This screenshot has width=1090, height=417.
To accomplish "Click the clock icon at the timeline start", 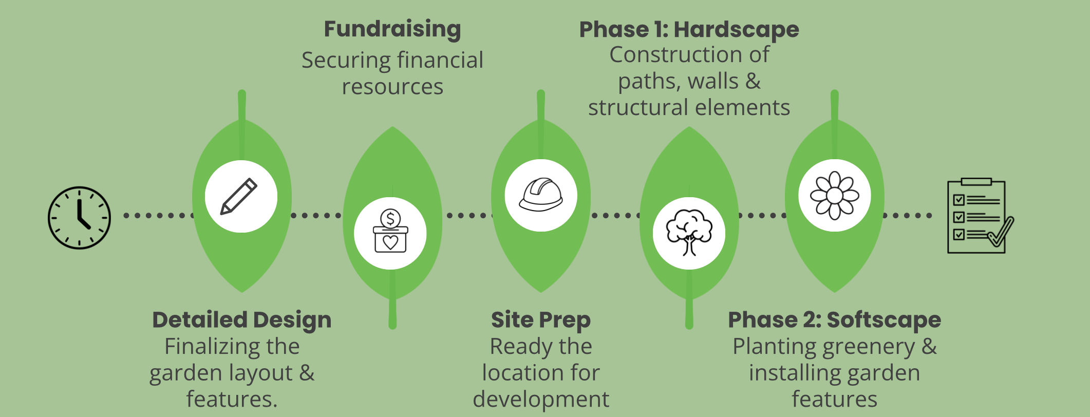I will (x=79, y=218).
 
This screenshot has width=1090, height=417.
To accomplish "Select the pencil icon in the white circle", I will (x=239, y=196).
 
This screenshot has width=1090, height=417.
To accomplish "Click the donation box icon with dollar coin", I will (x=390, y=232).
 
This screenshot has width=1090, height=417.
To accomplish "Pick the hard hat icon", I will (x=540, y=195).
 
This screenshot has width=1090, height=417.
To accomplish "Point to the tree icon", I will (x=689, y=233).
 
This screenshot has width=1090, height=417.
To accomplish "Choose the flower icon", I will (x=834, y=195).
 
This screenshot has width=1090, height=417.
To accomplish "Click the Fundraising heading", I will (x=392, y=29).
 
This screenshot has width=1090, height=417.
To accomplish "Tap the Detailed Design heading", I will (x=242, y=320).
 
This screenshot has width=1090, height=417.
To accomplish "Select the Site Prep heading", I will (x=541, y=320).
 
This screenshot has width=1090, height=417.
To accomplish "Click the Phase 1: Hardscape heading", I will (x=689, y=29).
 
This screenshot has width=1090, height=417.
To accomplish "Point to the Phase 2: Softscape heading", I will (x=834, y=320).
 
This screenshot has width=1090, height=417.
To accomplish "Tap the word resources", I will (x=392, y=87).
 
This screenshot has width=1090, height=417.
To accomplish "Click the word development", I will (x=541, y=400).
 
